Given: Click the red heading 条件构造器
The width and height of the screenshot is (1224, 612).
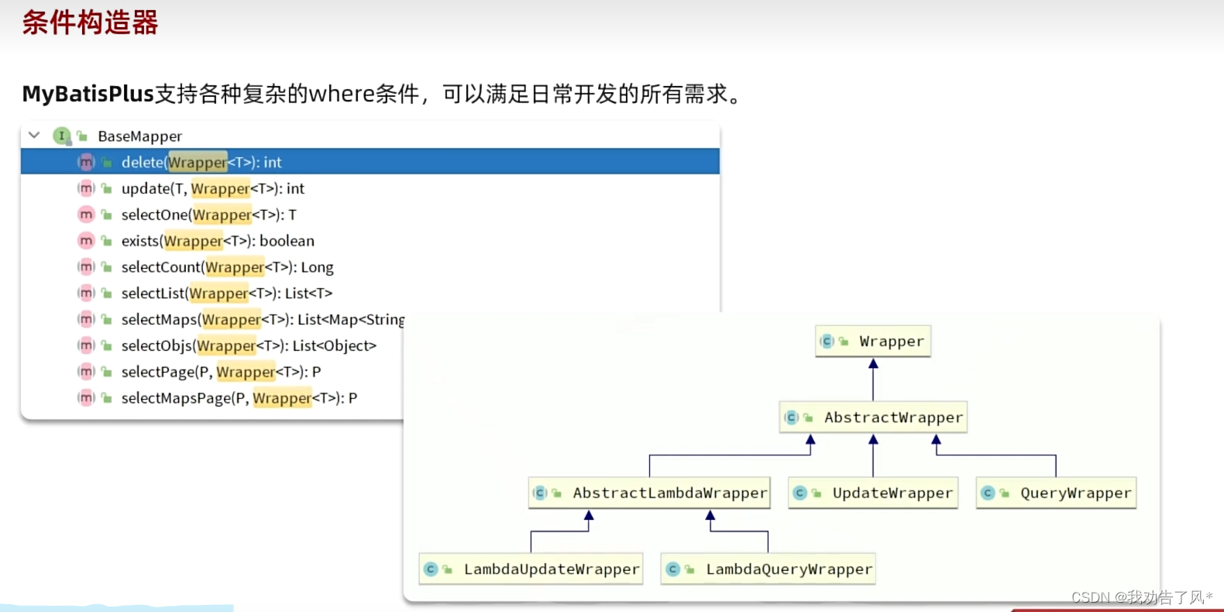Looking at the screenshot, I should [90, 22].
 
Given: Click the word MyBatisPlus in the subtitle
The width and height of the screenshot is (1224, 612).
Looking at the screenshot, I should [88, 94].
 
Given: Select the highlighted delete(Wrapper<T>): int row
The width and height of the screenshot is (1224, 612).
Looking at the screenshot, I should [201, 162].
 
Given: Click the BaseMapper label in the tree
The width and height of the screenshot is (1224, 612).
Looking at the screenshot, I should [139, 136].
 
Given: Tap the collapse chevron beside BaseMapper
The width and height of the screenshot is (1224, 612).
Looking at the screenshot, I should [34, 136].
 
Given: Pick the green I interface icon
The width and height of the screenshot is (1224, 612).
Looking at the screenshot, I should [61, 136].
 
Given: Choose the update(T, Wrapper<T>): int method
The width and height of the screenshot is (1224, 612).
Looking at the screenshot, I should [212, 188].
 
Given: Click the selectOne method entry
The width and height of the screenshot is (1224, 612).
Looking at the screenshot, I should [208, 215].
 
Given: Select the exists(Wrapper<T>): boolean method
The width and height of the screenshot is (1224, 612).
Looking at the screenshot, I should [218, 241].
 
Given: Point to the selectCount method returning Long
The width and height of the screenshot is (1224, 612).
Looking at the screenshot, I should [227, 267].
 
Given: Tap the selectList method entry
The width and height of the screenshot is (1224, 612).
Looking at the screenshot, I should [226, 294].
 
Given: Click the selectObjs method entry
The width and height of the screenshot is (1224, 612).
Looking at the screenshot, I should [248, 346].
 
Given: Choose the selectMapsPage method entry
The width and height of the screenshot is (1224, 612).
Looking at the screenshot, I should [239, 398].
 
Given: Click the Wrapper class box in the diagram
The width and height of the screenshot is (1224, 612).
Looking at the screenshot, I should [873, 342].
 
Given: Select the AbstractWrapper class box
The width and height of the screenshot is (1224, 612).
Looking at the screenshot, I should [874, 418].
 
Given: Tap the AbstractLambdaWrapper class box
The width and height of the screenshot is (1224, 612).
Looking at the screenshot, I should [649, 493].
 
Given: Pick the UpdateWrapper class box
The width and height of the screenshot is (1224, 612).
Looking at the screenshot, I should [873, 493].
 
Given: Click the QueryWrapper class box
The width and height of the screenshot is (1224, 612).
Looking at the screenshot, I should [1057, 493].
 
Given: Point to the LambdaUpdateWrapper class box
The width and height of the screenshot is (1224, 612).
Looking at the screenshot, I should [531, 569].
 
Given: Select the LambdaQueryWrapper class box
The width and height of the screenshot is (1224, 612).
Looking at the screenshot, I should [768, 569].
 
